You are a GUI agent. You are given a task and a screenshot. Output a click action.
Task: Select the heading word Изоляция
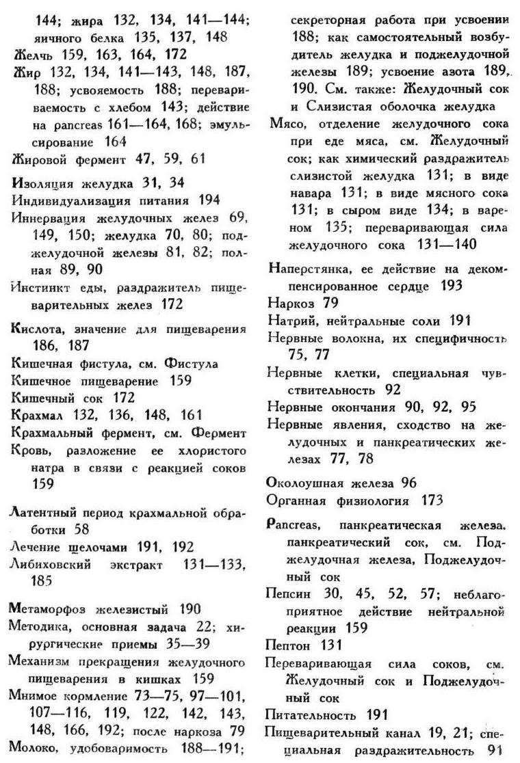pos(41,183)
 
